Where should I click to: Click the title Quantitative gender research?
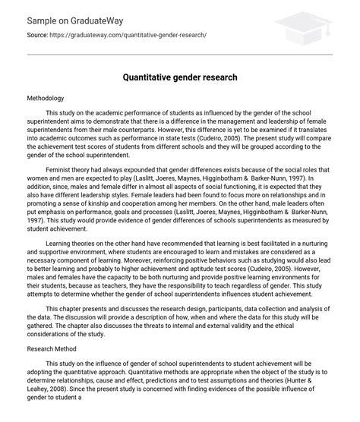pyautogui.click(x=180, y=77)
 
